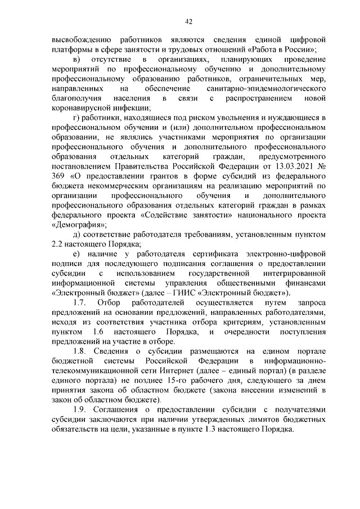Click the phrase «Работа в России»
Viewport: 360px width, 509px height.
pos(284,50)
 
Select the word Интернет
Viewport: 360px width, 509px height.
pos(209,370)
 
